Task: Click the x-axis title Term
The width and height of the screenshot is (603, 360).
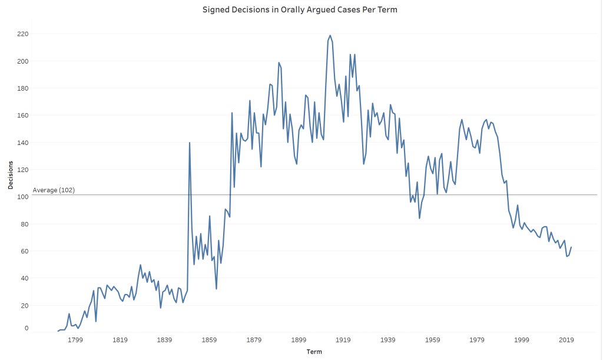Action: (x=314, y=352)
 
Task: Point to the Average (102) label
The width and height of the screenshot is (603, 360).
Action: (x=54, y=190)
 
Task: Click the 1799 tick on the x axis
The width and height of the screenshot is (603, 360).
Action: (x=75, y=340)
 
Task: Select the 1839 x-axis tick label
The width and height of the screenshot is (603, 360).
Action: (x=164, y=340)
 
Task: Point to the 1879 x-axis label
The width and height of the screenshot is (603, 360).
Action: (x=254, y=340)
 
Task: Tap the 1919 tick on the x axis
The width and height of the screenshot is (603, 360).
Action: (x=343, y=340)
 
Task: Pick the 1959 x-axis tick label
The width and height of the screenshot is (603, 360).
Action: (x=433, y=340)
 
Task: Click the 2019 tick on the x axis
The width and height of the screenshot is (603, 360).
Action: (x=566, y=340)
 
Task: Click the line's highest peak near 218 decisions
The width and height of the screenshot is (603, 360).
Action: (x=330, y=35)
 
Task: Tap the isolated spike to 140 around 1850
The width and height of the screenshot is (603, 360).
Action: (x=190, y=143)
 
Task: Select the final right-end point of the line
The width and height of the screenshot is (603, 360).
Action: (x=571, y=247)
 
